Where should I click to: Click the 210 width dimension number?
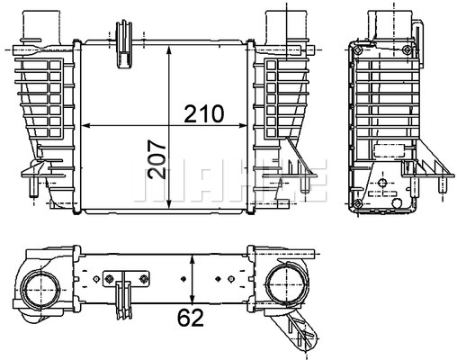point(204,113)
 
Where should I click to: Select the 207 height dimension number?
point(156,160)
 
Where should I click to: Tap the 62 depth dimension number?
point(191,318)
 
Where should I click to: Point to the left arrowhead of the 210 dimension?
point(86,126)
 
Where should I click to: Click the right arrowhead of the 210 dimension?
point(242,126)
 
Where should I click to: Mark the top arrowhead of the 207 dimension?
point(169,51)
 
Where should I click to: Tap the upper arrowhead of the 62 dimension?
point(193,260)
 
